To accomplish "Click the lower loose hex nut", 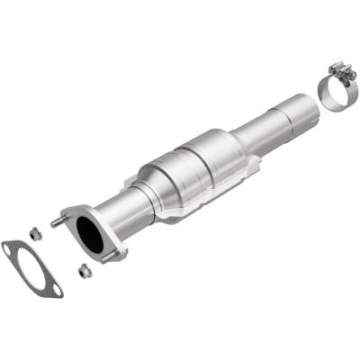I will click(84, 268).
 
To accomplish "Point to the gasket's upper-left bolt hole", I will click(10, 245).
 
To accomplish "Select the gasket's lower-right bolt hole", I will click(57, 289).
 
